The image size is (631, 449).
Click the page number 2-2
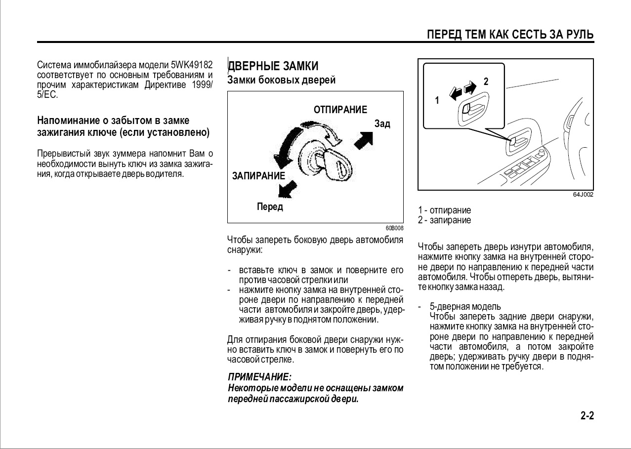[587, 415]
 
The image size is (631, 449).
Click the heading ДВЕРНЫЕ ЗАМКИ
[273, 66]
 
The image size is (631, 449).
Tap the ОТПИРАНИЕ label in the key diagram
[340, 110]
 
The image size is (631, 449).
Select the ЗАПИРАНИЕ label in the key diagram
[258, 176]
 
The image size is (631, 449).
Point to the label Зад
[382, 123]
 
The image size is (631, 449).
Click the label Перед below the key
[270, 207]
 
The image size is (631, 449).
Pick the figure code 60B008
[394, 228]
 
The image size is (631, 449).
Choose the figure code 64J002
[583, 195]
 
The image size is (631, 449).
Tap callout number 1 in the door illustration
[437, 100]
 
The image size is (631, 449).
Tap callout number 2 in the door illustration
[486, 82]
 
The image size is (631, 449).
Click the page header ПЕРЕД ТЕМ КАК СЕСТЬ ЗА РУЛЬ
[510, 34]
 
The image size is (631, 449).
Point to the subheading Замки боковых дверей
[281, 80]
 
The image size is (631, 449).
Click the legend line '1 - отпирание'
[444, 210]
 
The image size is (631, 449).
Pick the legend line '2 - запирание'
[444, 220]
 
